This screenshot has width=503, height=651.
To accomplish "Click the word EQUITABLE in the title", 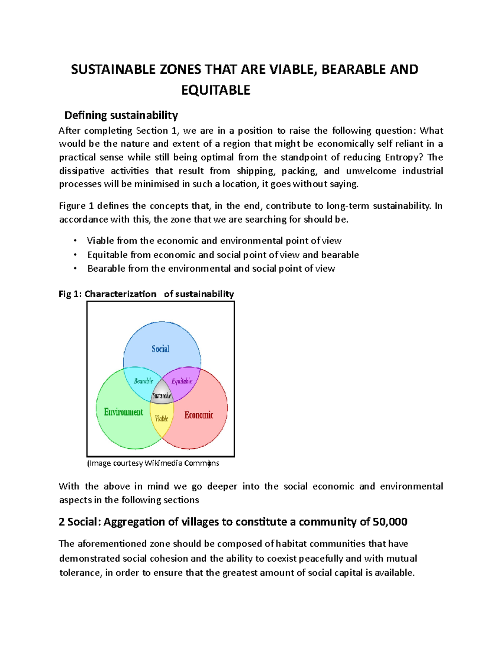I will [215, 90].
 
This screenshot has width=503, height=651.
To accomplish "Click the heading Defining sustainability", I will [121, 115].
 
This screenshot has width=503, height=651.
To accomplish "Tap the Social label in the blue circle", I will [160, 349].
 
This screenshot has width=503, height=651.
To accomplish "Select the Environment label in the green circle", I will [123, 412].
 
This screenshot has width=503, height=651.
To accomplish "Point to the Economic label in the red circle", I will [199, 415].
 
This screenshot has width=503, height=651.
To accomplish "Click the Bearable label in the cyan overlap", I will [143, 381].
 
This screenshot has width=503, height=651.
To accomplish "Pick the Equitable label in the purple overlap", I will [182, 381].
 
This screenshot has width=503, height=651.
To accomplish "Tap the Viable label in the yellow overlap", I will [161, 418].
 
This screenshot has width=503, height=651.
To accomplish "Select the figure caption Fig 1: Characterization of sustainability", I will [146, 294].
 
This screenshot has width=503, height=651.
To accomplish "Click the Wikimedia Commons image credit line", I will [153, 463].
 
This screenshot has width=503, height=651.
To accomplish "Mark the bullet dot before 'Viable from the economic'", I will [75, 241].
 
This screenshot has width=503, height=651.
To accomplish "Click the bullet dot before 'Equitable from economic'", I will [75, 254].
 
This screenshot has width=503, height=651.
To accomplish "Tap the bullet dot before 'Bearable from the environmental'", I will [75, 268].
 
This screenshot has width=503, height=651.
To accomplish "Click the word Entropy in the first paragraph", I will [402, 157].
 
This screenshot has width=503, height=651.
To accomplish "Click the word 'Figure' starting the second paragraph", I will [72, 206].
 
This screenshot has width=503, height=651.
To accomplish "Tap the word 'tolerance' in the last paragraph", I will [80, 573].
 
